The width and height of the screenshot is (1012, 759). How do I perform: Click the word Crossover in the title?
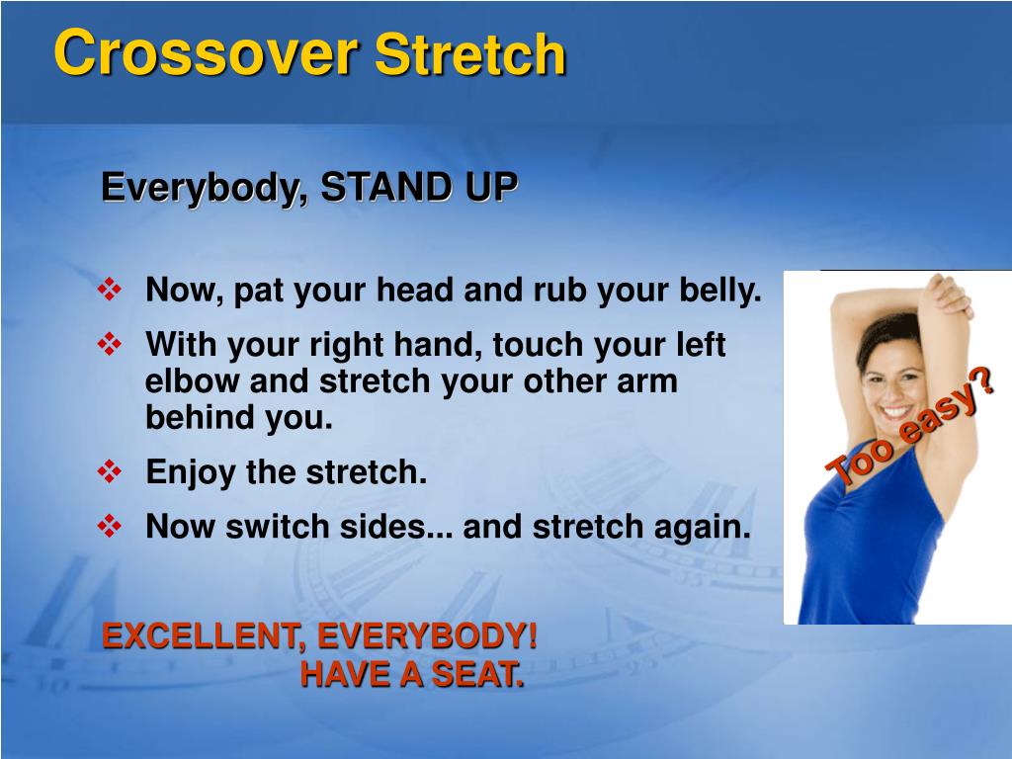click(205, 53)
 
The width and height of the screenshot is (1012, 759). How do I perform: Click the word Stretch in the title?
click(470, 53)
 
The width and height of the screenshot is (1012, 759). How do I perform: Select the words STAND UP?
click(419, 187)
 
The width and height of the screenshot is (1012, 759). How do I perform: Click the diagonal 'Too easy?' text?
click(910, 427)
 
